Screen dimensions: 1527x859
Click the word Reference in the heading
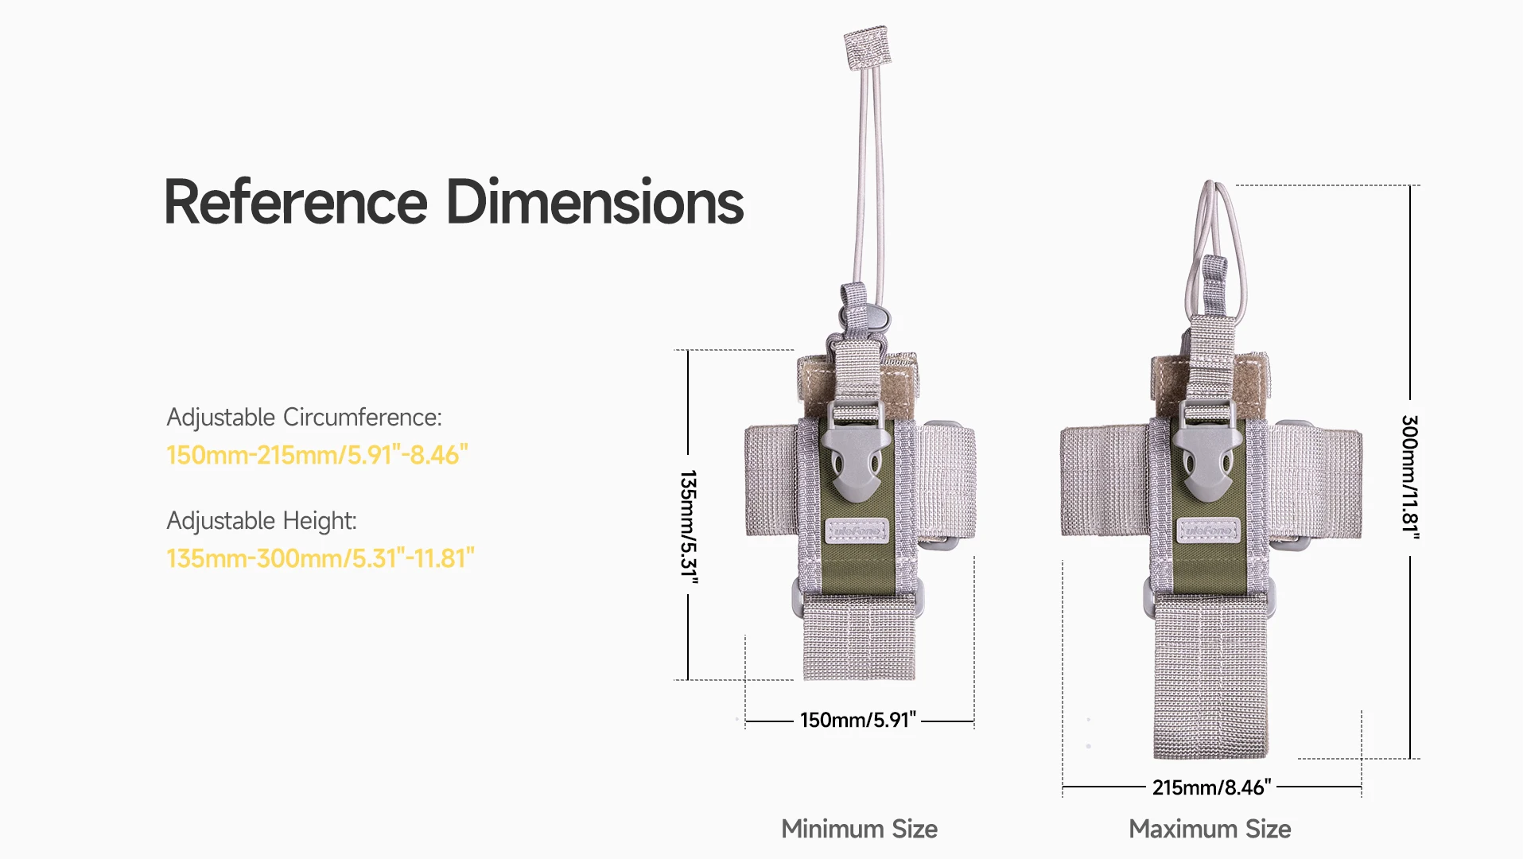click(x=296, y=202)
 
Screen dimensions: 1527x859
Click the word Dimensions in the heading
click(x=595, y=202)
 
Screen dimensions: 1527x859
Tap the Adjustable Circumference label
click(x=304, y=418)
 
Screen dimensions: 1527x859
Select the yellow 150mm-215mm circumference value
click(x=317, y=455)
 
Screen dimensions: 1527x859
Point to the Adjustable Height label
click(x=262, y=521)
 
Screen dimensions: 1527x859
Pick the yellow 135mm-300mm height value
click(x=321, y=558)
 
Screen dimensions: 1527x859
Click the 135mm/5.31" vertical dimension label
click(x=689, y=527)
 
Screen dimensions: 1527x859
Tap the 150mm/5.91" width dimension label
click(x=858, y=720)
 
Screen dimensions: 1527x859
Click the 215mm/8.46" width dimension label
click(x=1211, y=787)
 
